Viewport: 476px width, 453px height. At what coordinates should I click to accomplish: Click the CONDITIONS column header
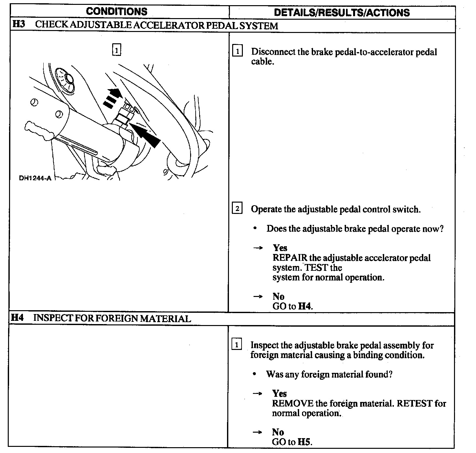tap(116, 12)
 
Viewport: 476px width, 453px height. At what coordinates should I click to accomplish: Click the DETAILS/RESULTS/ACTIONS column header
tap(342, 13)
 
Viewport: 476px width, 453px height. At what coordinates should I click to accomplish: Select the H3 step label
tap(19, 25)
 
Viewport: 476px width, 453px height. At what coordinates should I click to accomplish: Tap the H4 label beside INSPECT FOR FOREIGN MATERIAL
tap(17, 318)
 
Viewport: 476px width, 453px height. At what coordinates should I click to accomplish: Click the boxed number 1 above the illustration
tap(116, 50)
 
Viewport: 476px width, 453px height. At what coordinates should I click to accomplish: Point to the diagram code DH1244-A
tap(35, 178)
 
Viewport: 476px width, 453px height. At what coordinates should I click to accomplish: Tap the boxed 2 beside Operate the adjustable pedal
tap(237, 209)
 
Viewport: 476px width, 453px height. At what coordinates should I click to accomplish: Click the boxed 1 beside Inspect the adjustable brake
tap(237, 345)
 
